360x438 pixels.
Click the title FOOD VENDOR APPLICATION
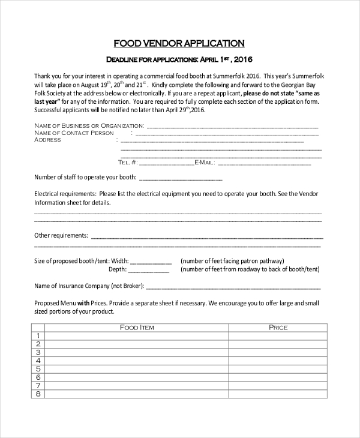click(179, 43)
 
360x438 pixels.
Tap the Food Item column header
click(137, 327)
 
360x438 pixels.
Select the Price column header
click(278, 327)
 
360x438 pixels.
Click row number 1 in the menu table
click(38, 335)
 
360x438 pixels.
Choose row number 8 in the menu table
click(38, 394)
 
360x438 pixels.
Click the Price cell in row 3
click(278, 352)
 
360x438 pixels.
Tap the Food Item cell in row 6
click(137, 377)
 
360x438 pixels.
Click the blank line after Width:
click(151, 262)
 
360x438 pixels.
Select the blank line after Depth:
click(151, 271)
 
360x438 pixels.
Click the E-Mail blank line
click(264, 163)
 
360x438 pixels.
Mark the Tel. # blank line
click(167, 163)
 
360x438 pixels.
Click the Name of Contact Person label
click(74, 133)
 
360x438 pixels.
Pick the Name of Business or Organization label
click(89, 125)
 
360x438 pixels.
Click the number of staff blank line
click(181, 178)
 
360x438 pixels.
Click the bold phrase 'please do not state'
click(267, 94)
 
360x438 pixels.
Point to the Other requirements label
click(61, 235)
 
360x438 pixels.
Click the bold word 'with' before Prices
click(83, 303)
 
